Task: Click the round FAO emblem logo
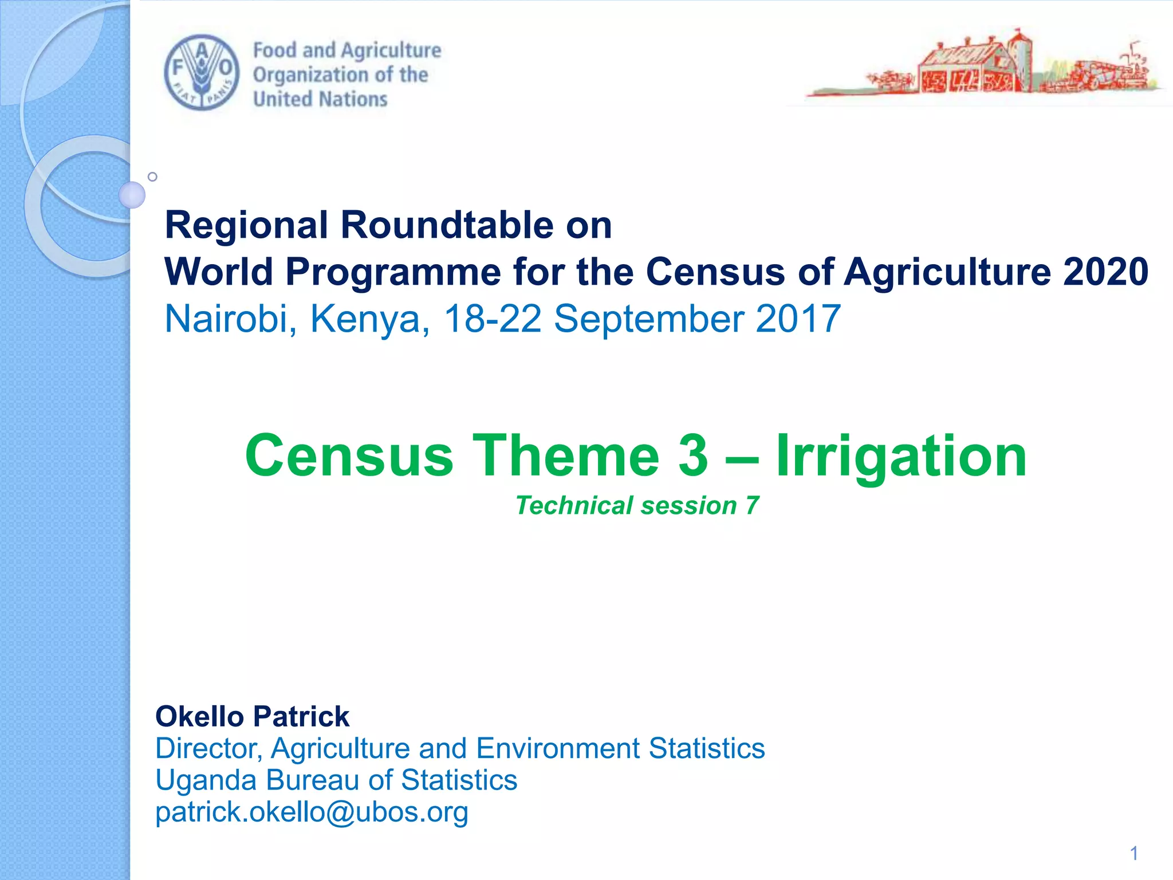tap(202, 73)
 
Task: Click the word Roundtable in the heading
tap(447, 225)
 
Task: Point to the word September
tap(648, 320)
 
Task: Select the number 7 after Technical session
tap(751, 505)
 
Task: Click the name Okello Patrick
tap(252, 717)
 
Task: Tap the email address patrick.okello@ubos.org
tap(312, 812)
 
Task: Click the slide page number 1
tap(1133, 854)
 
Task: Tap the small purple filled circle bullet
tap(132, 195)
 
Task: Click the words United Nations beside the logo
tap(320, 99)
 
